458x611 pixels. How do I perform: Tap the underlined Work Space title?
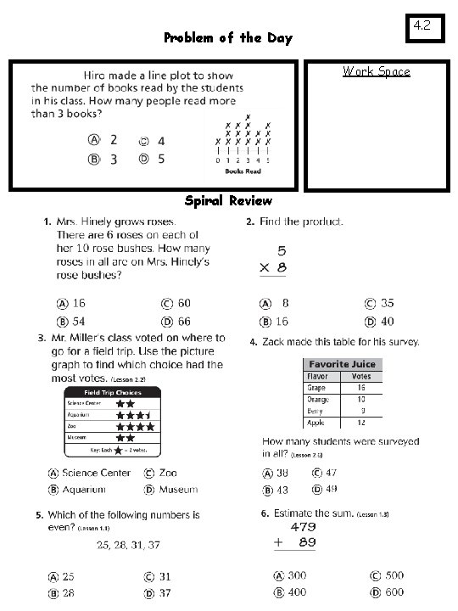[x=377, y=71]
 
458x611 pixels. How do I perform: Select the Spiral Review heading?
[x=228, y=201]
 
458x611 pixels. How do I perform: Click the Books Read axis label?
[x=243, y=171]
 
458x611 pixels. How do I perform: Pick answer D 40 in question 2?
[x=379, y=322]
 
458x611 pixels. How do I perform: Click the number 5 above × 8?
[x=281, y=251]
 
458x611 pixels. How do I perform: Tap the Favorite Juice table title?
[x=342, y=364]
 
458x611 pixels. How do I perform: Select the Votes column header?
[x=361, y=375]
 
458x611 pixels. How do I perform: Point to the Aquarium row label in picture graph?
[x=80, y=415]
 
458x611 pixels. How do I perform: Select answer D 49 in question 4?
[x=323, y=489]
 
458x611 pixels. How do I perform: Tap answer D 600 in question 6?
[x=386, y=592]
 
